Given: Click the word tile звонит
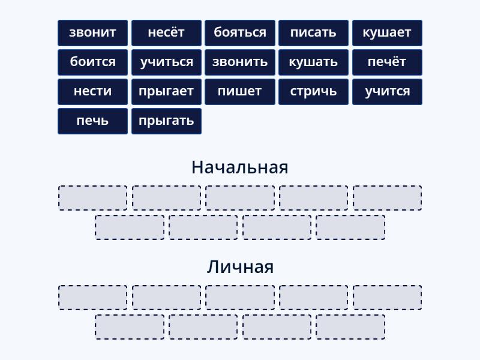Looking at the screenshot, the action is [x=93, y=33].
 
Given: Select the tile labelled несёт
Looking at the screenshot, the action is [x=167, y=33].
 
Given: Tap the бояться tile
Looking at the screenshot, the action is [x=240, y=33].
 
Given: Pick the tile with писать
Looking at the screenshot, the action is [x=313, y=33].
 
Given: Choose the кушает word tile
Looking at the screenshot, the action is [x=387, y=33].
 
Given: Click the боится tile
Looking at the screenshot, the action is [x=93, y=62].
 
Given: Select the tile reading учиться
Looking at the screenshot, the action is [x=167, y=62].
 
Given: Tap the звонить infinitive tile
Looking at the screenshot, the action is [x=240, y=62].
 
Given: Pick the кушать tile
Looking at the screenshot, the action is [x=313, y=62].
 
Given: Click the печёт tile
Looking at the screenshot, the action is [x=387, y=62].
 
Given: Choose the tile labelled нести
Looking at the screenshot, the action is [x=93, y=92].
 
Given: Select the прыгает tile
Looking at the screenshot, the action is [x=167, y=92].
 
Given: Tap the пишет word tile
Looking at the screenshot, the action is [x=240, y=92].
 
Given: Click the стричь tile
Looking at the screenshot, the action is [x=313, y=92].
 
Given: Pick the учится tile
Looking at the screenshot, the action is [x=387, y=92].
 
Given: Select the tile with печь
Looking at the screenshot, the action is [x=93, y=121].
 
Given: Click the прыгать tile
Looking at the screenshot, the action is [x=167, y=121].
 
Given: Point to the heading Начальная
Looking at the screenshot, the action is [x=239, y=167].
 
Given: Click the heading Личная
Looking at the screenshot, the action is [x=240, y=267].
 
